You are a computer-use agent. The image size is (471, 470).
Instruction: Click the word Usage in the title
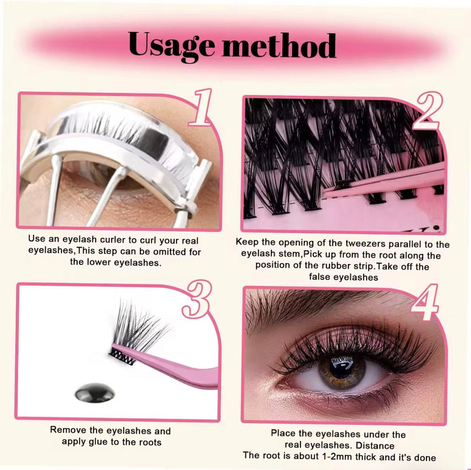pos(172,46)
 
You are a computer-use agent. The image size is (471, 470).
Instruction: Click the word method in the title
pos(279,45)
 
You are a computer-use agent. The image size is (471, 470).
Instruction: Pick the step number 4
pos(425,302)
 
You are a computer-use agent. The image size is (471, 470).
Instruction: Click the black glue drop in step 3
pos(95,393)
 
